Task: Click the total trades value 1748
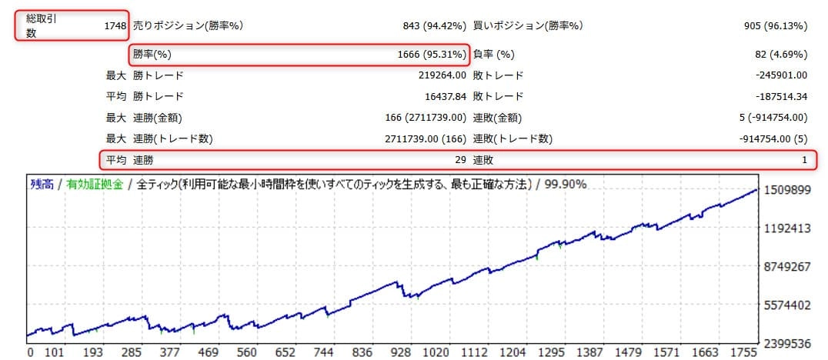point(115,26)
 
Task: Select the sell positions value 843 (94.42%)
point(435,26)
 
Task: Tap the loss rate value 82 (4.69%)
point(781,55)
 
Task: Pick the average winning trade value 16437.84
point(439,97)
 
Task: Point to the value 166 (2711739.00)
point(426,118)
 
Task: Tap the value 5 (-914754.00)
point(777,118)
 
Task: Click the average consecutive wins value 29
point(459,160)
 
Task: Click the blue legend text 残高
point(42,185)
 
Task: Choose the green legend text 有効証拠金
point(95,185)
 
